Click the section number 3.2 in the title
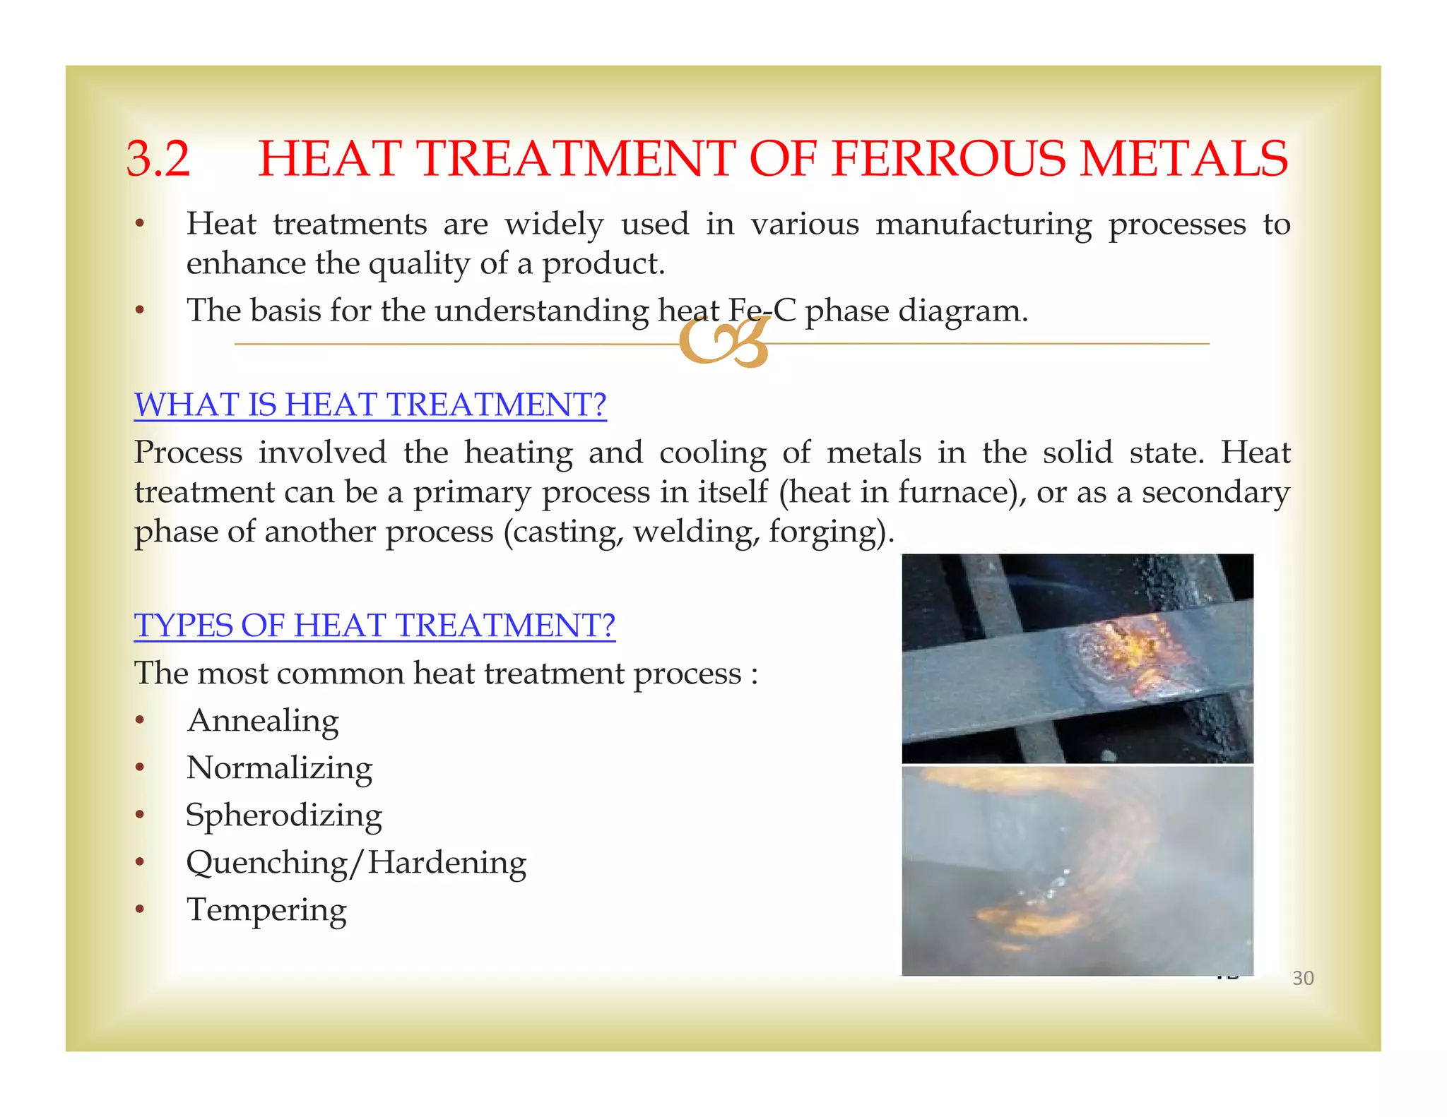pyautogui.click(x=158, y=158)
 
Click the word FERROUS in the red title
pyautogui.click(x=949, y=158)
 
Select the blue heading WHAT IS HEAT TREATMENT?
pyautogui.click(x=370, y=405)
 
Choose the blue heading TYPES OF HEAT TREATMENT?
pyautogui.click(x=374, y=626)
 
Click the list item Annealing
pyautogui.click(x=263, y=722)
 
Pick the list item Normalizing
pyautogui.click(x=279, y=769)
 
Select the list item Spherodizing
pyautogui.click(x=283, y=816)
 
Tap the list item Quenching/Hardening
pyautogui.click(x=356, y=864)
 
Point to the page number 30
pyautogui.click(x=1303, y=979)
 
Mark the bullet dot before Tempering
pyautogui.click(x=141, y=909)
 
